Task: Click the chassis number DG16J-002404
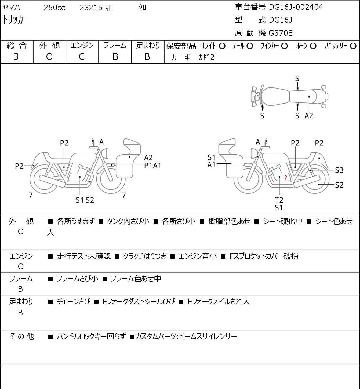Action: pos(296,7)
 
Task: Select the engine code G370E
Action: pos(281,33)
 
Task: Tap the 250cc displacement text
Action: pos(54,8)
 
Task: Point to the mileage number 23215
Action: pos(91,8)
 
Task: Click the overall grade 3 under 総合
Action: pos(16,57)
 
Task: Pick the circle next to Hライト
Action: pos(222,46)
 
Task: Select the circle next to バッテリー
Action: pos(353,46)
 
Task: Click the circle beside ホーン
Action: pos(313,46)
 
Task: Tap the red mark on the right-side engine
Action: pos(286,177)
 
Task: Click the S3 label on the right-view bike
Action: pos(339,170)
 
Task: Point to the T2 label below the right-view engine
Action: pos(279,200)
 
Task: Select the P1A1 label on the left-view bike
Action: pos(152,166)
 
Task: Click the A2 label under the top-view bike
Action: pos(309,116)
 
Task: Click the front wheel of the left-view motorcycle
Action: pos(111,179)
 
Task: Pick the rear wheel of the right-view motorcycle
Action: pos(315,179)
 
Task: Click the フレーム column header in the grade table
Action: pos(115,45)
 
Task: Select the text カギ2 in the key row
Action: pos(207,57)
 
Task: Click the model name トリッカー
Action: pos(15,20)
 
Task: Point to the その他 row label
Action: pos(22,336)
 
